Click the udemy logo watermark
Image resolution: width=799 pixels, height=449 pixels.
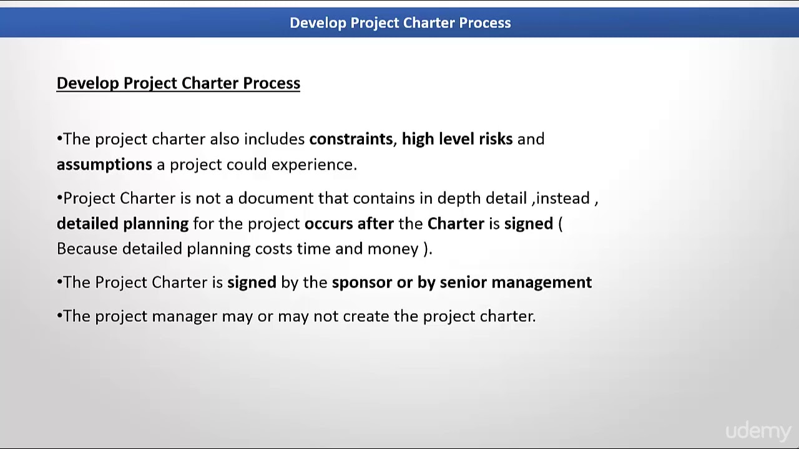758,431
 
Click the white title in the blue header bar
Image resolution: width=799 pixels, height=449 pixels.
400,23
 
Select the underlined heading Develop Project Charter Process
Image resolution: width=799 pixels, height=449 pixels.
178,83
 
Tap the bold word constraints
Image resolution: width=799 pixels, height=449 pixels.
351,138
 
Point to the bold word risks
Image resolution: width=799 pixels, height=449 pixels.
496,138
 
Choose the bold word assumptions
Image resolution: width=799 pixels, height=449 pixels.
104,164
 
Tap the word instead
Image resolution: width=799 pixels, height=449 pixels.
562,198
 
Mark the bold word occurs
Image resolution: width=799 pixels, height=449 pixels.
328,223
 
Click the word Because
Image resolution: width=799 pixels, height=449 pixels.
87,249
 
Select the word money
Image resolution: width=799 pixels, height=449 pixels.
393,249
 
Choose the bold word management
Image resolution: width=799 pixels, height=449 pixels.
541,282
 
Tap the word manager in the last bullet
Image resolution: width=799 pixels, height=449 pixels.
184,316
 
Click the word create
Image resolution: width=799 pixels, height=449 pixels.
366,316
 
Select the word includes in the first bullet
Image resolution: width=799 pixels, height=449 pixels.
274,138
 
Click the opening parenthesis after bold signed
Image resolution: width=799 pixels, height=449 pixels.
560,223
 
